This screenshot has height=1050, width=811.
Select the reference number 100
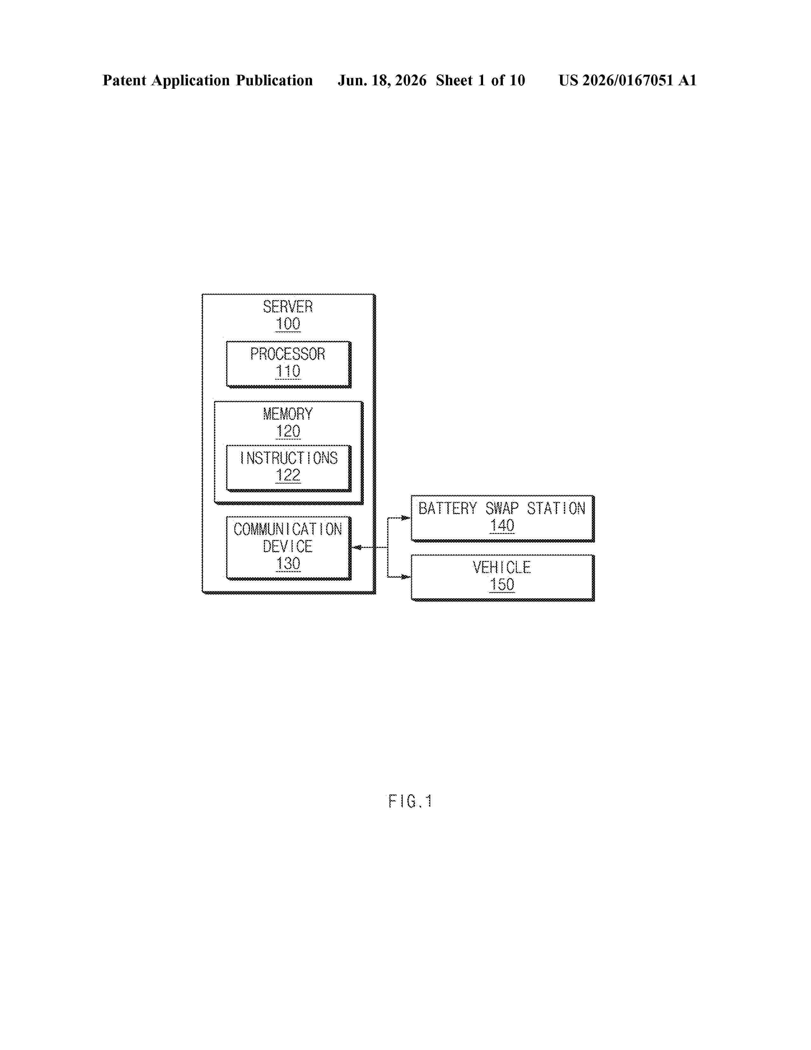click(288, 324)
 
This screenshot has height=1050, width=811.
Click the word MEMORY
click(288, 414)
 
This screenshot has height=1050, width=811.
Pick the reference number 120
click(288, 431)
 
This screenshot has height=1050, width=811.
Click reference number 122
click(288, 475)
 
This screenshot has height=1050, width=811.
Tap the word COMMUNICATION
click(288, 529)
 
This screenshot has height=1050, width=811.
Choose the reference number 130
click(288, 563)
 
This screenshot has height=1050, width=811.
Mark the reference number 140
click(502, 526)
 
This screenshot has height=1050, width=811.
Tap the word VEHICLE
click(502, 567)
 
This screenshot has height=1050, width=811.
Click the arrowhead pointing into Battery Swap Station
click(406, 518)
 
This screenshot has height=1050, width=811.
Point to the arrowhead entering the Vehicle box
click(406, 577)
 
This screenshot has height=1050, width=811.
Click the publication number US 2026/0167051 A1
click(627, 80)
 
